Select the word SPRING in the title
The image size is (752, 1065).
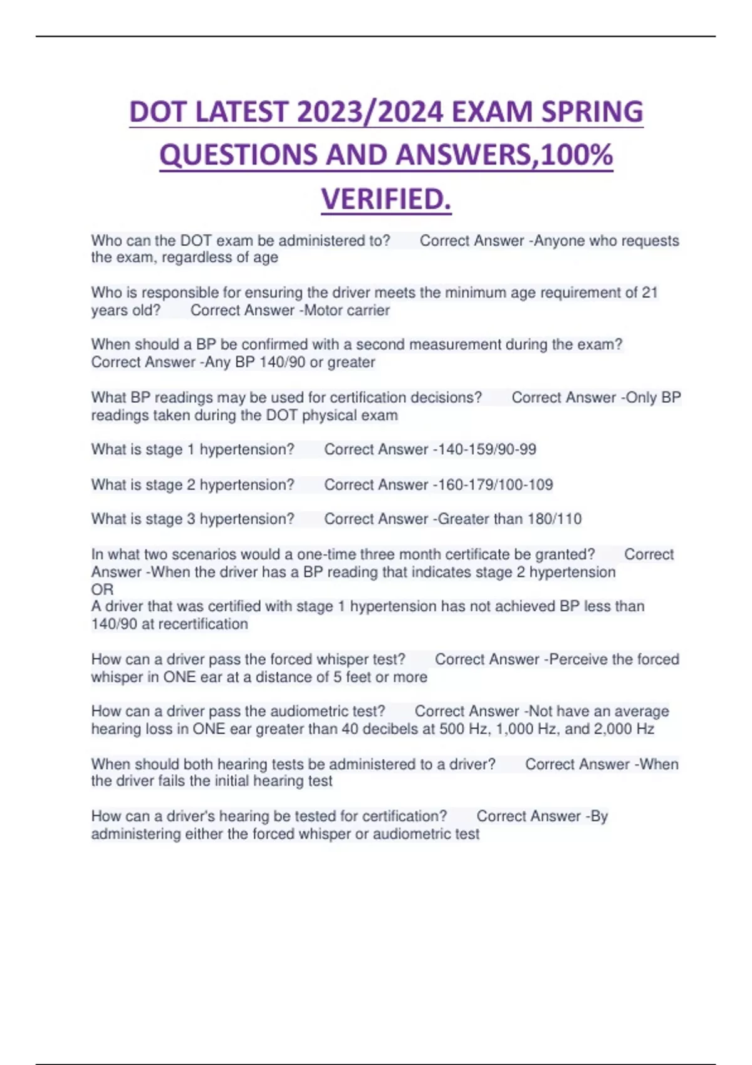point(592,113)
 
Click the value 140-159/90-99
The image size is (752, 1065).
point(484,449)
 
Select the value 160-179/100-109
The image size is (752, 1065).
point(493,484)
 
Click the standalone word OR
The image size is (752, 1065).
point(102,590)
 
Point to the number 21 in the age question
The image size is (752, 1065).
point(650,293)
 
